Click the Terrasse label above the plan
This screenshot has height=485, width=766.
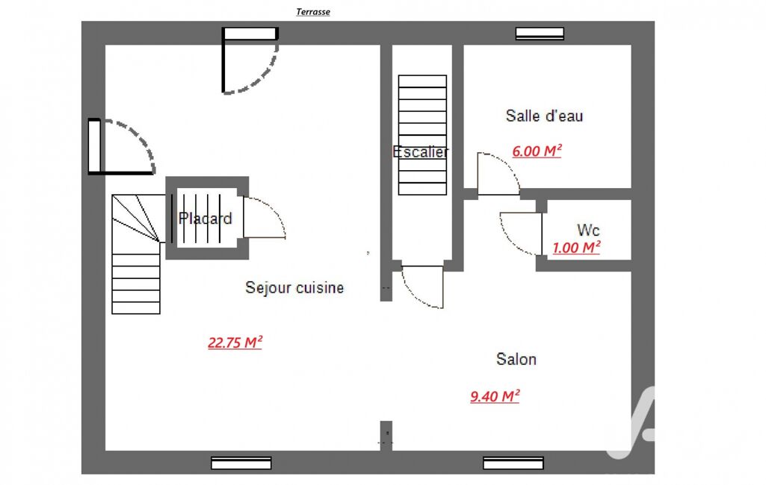[312, 12]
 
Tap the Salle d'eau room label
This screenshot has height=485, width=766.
[544, 116]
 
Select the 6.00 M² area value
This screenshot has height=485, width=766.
[537, 151]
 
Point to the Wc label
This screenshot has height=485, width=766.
[588, 229]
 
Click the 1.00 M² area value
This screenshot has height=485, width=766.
[576, 248]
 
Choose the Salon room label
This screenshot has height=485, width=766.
[516, 359]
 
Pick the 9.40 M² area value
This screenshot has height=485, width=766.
[495, 395]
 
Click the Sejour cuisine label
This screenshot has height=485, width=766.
[294, 287]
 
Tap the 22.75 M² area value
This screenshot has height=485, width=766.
[235, 342]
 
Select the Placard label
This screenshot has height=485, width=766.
[206, 218]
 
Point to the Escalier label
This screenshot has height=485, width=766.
[421, 151]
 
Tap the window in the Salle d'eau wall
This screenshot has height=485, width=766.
[540, 33]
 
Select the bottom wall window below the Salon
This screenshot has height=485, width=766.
[513, 463]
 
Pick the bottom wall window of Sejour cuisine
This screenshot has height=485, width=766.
[241, 463]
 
